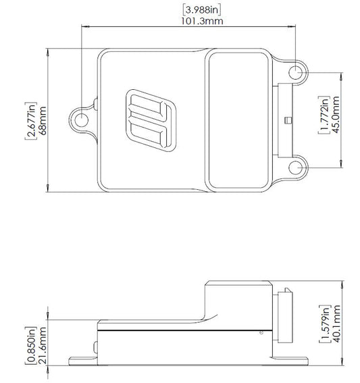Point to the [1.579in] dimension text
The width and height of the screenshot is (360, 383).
pos(324,324)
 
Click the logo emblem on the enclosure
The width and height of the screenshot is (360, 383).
pos(147,120)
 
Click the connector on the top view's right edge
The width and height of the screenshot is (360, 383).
pos(285,120)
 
